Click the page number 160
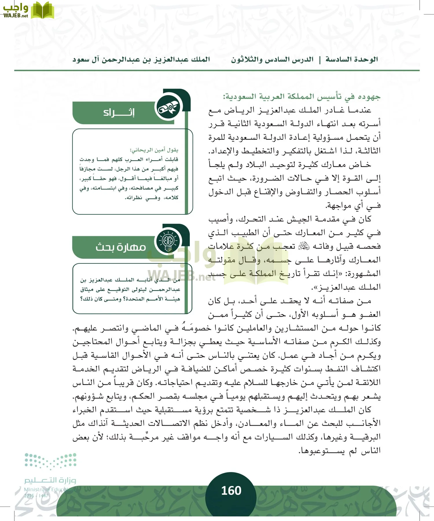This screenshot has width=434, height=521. (x=231, y=491)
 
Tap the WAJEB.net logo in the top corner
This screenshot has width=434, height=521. (x=28, y=10)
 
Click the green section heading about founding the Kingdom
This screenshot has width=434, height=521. (x=301, y=96)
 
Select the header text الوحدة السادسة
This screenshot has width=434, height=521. (x=352, y=60)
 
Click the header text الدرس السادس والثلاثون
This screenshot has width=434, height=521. (x=272, y=60)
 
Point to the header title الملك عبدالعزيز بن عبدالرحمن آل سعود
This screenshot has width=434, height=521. (x=141, y=60)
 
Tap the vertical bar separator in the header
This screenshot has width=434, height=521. (x=320, y=60)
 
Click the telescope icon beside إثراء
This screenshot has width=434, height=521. (x=168, y=108)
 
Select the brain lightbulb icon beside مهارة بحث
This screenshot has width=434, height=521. (x=168, y=241)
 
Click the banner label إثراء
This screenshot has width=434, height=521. (x=119, y=112)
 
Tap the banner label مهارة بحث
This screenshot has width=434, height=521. (x=121, y=247)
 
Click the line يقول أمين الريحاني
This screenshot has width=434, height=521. (x=154, y=150)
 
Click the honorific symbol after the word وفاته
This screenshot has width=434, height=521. (x=304, y=246)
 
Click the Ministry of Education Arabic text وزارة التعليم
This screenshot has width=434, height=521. (x=50, y=480)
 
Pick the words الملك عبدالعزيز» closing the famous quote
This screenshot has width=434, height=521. (x=346, y=287)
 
